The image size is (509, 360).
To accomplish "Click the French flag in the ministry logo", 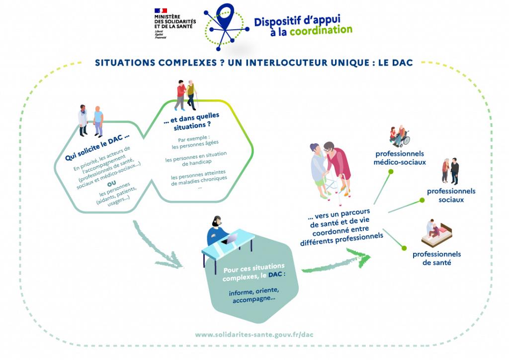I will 161,10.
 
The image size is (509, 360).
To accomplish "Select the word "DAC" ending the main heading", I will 403,63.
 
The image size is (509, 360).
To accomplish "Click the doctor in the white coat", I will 83,120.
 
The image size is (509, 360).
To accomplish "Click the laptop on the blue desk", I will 228,240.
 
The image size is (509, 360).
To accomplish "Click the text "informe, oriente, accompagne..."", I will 254,295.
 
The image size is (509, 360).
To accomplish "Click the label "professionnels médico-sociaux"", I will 400,158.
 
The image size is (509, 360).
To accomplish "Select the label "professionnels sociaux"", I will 451,195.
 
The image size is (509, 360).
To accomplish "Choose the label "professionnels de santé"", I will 436,258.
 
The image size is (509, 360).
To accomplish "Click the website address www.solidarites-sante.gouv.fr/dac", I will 254,335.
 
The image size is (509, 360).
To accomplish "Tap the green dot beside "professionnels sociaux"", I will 422,200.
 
